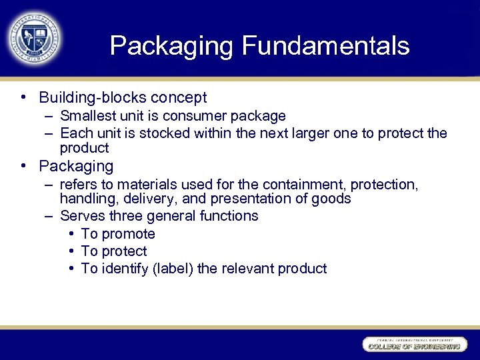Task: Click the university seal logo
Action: point(35,38)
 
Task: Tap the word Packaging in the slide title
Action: point(172,46)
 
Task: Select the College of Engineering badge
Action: point(413,345)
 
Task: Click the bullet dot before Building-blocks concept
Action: point(24,97)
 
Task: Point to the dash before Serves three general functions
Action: point(49,216)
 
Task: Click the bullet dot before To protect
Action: point(71,251)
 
